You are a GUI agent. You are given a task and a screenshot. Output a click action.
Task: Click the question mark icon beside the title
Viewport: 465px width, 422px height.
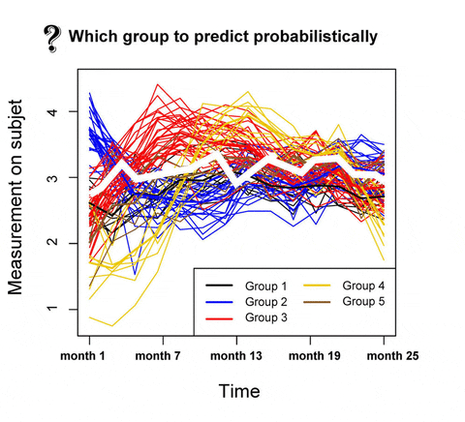pyautogui.click(x=51, y=39)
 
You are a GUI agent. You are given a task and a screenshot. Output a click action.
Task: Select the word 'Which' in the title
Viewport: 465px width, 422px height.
pyautogui.click(x=93, y=38)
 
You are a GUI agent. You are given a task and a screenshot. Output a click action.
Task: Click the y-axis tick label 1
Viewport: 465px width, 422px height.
pyautogui.click(x=57, y=310)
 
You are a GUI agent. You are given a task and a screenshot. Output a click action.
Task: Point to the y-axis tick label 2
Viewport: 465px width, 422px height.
pyautogui.click(x=57, y=244)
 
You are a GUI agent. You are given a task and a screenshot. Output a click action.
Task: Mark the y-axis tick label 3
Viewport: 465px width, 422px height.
pyautogui.click(x=57, y=178)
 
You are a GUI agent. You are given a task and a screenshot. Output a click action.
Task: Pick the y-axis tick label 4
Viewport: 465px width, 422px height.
pyautogui.click(x=57, y=112)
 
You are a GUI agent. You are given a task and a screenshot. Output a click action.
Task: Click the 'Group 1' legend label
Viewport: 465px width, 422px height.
pyautogui.click(x=266, y=286)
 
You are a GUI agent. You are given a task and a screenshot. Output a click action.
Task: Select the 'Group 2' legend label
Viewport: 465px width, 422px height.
pyautogui.click(x=266, y=301)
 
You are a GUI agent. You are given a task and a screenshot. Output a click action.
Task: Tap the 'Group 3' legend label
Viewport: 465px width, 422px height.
pyautogui.click(x=266, y=316)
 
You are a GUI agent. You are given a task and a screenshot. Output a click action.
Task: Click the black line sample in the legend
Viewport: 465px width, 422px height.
pyautogui.click(x=220, y=286)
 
